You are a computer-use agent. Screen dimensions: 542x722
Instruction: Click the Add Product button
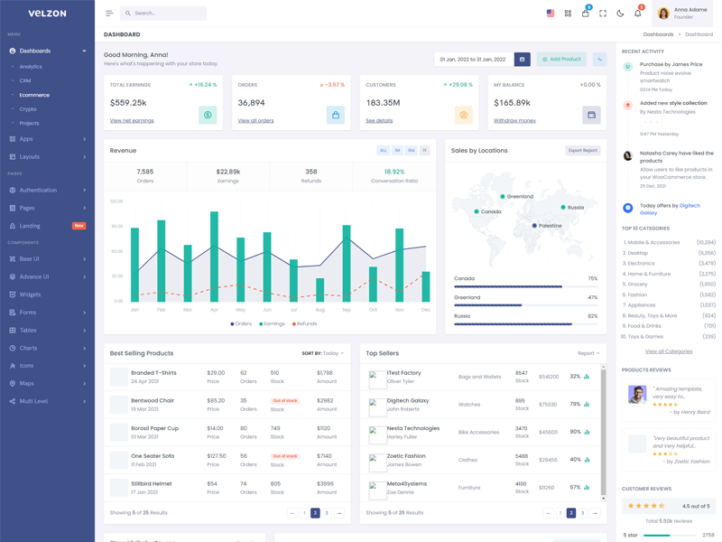point(561,60)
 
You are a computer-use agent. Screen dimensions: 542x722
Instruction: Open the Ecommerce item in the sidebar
point(35,95)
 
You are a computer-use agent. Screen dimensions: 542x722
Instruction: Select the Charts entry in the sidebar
point(29,348)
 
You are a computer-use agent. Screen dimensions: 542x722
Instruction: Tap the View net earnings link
point(132,120)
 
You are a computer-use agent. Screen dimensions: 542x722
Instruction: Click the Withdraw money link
point(514,120)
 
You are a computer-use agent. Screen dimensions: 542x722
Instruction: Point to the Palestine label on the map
point(550,226)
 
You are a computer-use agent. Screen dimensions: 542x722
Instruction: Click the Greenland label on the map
point(520,196)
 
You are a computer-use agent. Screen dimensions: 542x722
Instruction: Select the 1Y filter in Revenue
point(424,151)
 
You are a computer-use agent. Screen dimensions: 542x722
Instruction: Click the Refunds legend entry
point(306,323)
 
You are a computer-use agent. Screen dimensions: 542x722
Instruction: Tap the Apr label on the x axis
point(214,310)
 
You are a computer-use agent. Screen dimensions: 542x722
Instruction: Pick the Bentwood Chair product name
point(153,400)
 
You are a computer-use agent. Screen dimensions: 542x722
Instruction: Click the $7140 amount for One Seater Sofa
point(325,456)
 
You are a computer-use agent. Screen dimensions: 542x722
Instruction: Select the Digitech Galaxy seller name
point(407,400)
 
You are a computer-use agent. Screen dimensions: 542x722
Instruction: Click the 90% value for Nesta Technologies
point(575,432)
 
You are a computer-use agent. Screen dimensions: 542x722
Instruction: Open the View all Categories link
point(669,351)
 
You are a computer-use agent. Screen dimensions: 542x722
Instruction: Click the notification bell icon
point(637,14)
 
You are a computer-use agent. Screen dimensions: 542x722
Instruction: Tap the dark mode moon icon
point(620,14)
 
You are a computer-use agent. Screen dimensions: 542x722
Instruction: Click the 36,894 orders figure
point(251,103)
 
